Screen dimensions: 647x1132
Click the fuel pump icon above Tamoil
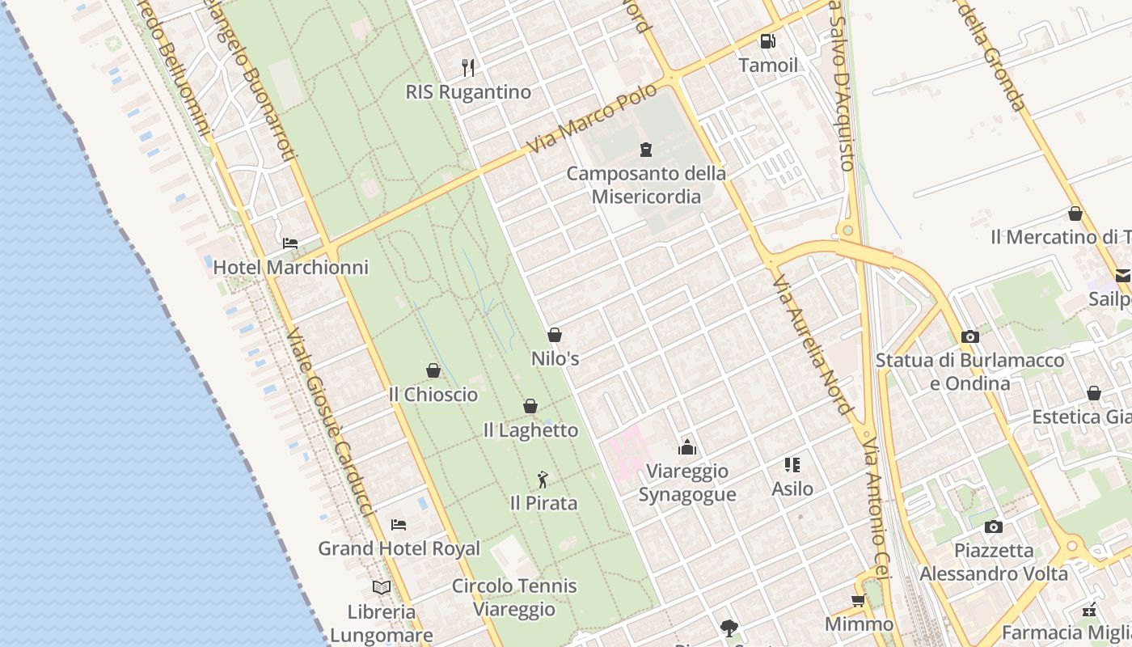[767, 41]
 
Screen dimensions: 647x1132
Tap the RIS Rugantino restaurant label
[468, 92]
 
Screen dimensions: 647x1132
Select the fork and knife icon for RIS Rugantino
[468, 67]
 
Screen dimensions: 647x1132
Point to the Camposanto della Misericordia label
[646, 184]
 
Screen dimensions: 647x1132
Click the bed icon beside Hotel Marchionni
[289, 243]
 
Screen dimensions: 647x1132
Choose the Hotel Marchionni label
[290, 267]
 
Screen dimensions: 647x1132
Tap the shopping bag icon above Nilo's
[555, 334]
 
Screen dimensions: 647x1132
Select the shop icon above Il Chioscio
[433, 370]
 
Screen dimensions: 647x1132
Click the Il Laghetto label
[530, 430]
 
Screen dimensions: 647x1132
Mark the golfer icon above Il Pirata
[543, 480]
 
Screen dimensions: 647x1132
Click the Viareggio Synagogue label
[687, 483]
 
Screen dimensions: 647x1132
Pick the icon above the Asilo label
[792, 465]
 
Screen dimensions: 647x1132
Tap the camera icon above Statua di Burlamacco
[969, 336]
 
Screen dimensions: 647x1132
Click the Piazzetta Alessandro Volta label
[994, 562]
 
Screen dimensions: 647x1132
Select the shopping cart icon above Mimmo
[858, 600]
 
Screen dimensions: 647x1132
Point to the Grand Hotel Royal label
[399, 548]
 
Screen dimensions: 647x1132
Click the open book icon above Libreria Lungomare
[382, 587]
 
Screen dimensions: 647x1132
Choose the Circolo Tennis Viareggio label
[514, 597]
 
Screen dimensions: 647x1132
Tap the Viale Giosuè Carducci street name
[329, 421]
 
